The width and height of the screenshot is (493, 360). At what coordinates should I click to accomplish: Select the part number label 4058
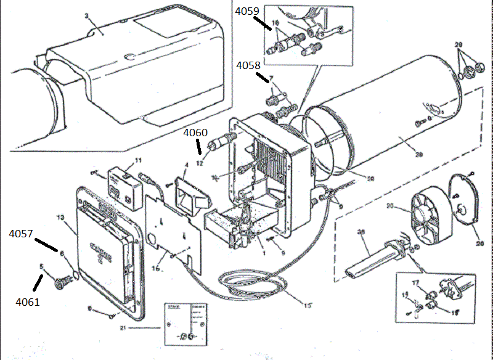click(x=249, y=64)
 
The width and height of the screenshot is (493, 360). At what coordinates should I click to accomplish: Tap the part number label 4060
click(x=195, y=132)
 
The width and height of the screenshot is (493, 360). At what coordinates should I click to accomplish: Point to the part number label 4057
click(x=22, y=234)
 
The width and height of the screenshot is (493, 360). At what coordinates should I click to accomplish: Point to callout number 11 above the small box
click(x=138, y=160)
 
